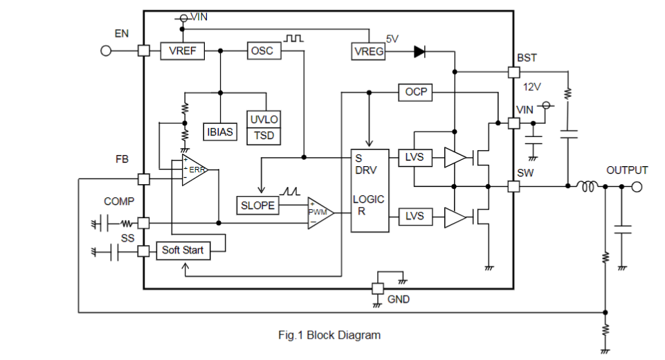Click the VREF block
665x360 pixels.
coord(183,51)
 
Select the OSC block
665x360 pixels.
coord(262,51)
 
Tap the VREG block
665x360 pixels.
coord(369,51)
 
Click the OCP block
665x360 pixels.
coord(416,91)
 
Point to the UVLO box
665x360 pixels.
coord(264,120)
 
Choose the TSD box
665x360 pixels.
coord(264,136)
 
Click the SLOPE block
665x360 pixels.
coord(258,205)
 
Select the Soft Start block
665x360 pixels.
coord(183,250)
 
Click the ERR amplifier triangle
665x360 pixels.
coord(194,170)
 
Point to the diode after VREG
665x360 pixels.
coord(419,51)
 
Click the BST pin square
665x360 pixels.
coord(513,72)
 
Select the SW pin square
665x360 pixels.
coord(513,186)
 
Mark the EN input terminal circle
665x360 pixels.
coord(106,51)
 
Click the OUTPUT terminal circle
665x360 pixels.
coord(636,186)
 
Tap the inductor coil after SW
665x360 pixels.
coord(589,186)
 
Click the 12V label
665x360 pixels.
coord(531,87)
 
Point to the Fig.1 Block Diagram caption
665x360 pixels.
coord(329,335)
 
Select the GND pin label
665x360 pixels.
coord(399,299)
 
